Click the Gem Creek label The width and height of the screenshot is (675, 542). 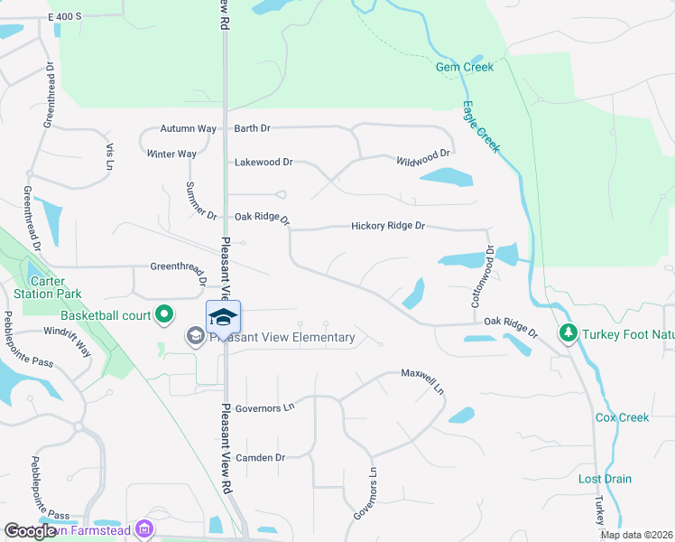point(465,67)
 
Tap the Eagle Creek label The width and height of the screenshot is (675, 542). point(481,126)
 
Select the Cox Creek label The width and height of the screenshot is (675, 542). point(622,417)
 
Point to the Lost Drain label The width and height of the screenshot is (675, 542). point(605,479)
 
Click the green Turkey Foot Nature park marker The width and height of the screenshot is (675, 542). point(568,333)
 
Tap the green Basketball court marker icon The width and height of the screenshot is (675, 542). point(163,315)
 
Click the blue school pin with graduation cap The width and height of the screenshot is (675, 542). point(224,318)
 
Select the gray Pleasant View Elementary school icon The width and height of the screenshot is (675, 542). point(194,337)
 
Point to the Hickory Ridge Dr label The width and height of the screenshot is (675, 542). point(387,226)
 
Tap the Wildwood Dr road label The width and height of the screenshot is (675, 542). point(422,158)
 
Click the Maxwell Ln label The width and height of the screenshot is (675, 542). point(423,373)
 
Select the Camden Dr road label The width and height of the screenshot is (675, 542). point(260,458)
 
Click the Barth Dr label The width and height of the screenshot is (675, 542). point(253,128)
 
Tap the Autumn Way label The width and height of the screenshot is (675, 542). point(188,128)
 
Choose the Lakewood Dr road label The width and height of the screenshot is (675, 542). point(264,163)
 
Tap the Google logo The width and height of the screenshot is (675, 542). point(31,532)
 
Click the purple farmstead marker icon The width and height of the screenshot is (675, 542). point(143,530)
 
